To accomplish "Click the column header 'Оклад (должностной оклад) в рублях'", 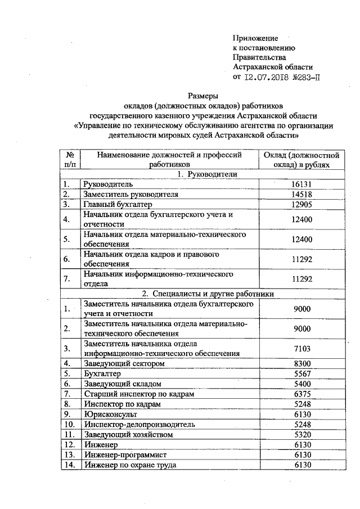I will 301,159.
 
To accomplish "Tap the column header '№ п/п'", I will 71,159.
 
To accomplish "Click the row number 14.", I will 70,465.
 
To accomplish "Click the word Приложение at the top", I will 255,38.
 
